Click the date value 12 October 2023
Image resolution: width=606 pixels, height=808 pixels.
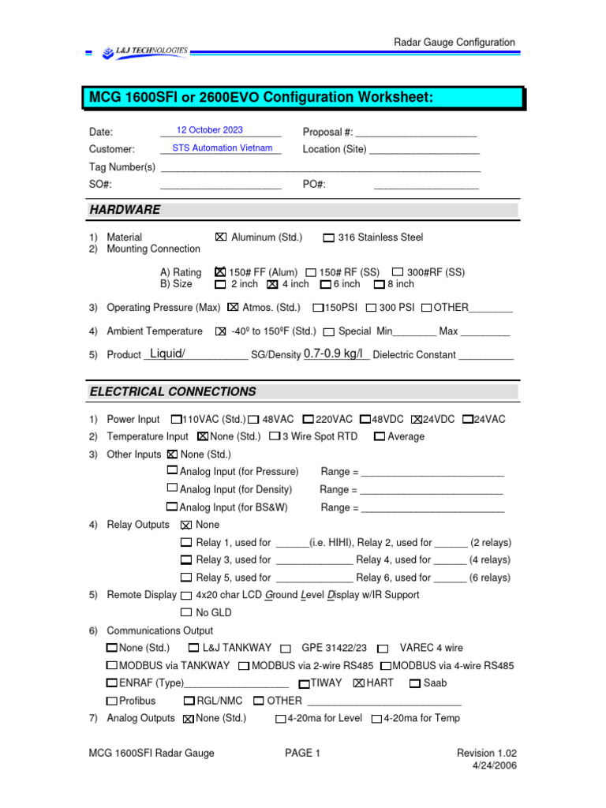pyautogui.click(x=210, y=130)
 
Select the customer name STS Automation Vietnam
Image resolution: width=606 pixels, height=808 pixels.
pyautogui.click(x=222, y=148)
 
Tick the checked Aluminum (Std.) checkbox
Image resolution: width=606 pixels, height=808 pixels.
pyautogui.click(x=220, y=237)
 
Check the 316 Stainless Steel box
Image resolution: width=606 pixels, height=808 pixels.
pyautogui.click(x=329, y=238)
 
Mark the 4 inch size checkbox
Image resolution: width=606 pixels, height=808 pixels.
pyautogui.click(x=272, y=284)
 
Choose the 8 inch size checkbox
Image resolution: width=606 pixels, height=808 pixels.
pyautogui.click(x=379, y=284)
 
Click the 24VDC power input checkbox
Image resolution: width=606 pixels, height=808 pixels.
pyautogui.click(x=417, y=419)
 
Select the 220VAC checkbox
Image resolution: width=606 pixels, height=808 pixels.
pyautogui.click(x=309, y=419)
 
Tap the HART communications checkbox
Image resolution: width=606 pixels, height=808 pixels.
pyautogui.click(x=359, y=683)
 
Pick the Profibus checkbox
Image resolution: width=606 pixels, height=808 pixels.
pyautogui.click(x=112, y=701)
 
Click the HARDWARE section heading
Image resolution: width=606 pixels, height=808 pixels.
pyautogui.click(x=125, y=210)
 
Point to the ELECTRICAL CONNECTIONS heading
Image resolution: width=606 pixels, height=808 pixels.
pyautogui.click(x=173, y=391)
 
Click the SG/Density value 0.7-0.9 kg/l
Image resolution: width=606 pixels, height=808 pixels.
pyautogui.click(x=336, y=353)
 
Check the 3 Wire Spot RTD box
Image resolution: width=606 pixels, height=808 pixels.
pyautogui.click(x=275, y=436)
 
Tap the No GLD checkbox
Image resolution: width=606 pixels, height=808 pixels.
pyautogui.click(x=186, y=612)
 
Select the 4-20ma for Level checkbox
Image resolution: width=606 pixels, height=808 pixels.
pyautogui.click(x=281, y=719)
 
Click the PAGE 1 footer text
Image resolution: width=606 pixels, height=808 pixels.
pyautogui.click(x=302, y=754)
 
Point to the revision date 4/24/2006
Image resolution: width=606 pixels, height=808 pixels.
pyautogui.click(x=495, y=765)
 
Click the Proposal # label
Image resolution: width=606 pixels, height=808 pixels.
pyautogui.click(x=327, y=132)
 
